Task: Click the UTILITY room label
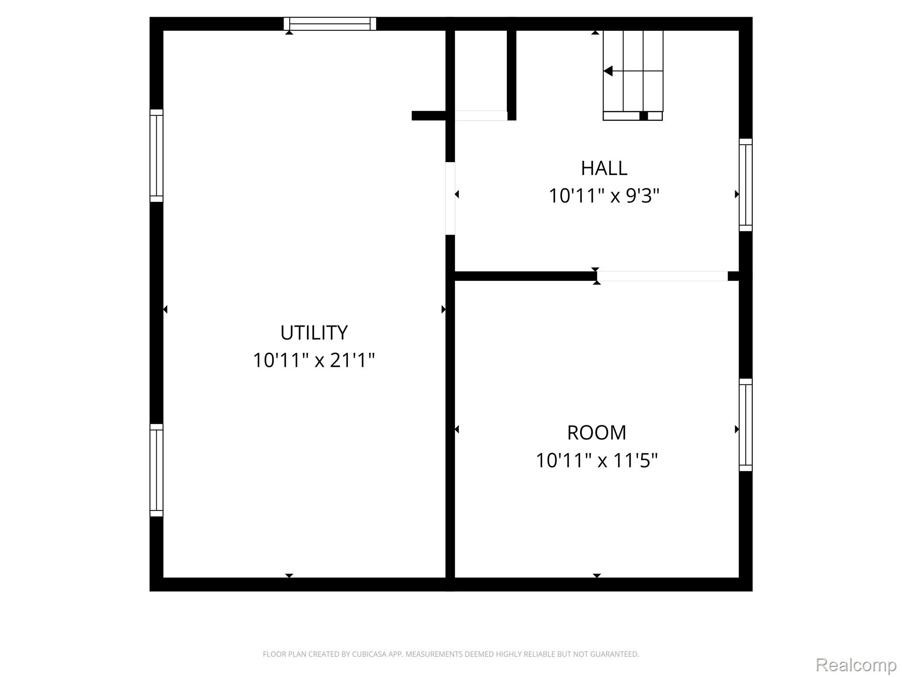(314, 333)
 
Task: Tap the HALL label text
(604, 168)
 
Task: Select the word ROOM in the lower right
(596, 433)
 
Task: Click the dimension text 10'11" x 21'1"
(314, 360)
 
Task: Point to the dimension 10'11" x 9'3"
(604, 196)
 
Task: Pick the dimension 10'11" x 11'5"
(596, 461)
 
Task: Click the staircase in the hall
(633, 75)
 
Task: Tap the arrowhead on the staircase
(608, 71)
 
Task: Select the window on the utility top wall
(330, 24)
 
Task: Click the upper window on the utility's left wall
(156, 156)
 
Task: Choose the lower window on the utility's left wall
(156, 470)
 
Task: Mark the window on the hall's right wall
(746, 185)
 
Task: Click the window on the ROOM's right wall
(746, 425)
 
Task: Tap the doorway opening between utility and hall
(450, 198)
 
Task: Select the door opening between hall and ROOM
(662, 276)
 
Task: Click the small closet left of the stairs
(481, 71)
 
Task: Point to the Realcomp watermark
(856, 665)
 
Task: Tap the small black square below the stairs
(643, 116)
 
